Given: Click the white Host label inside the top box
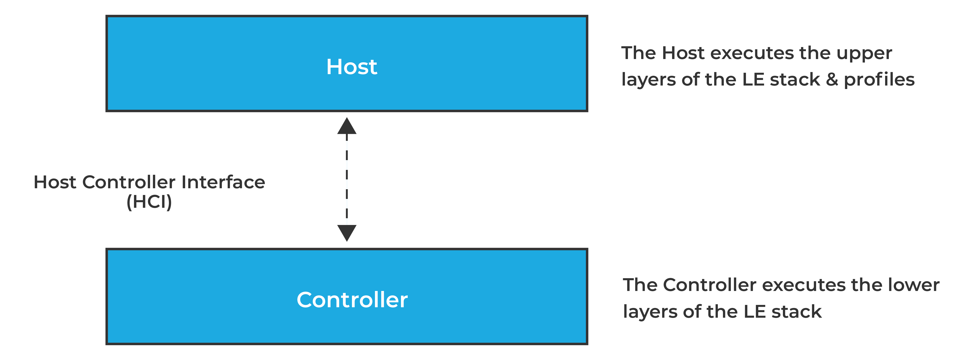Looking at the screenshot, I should pyautogui.click(x=351, y=67).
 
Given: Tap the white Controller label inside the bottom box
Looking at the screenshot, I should pyautogui.click(x=352, y=300).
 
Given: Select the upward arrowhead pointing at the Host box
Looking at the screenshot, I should pyautogui.click(x=347, y=126).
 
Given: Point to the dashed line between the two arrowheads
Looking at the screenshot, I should pyautogui.click(x=347, y=179).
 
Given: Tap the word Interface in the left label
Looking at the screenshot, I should pyautogui.click(x=223, y=182).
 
